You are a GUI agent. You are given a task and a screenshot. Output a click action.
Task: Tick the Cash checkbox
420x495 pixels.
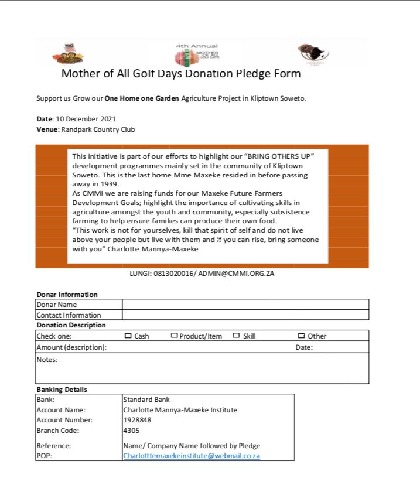pos(128,336)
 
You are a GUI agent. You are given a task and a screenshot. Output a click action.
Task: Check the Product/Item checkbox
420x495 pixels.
pos(174,336)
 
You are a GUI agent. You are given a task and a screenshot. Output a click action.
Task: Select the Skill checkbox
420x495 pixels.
pos(236,336)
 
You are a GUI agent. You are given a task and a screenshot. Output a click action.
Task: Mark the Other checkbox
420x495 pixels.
pos(301,336)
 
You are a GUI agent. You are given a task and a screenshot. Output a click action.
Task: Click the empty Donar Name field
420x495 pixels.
pos(245,305)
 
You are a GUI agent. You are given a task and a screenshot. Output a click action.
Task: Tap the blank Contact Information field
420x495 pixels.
pos(245,315)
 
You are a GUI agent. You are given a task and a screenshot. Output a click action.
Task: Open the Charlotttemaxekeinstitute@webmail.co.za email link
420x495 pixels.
pos(191,456)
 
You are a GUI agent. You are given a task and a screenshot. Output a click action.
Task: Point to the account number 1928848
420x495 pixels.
pos(137,420)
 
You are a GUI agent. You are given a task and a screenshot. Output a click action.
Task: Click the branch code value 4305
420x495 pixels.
pos(131,431)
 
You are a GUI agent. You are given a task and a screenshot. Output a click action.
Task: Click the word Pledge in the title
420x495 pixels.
pos(253,74)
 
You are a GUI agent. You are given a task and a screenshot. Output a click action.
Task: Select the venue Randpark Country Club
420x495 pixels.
pos(98,129)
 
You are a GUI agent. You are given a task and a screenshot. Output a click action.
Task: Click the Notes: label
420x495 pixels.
pos(47,360)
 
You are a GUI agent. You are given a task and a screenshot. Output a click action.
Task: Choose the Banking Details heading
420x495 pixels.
pos(62,390)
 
